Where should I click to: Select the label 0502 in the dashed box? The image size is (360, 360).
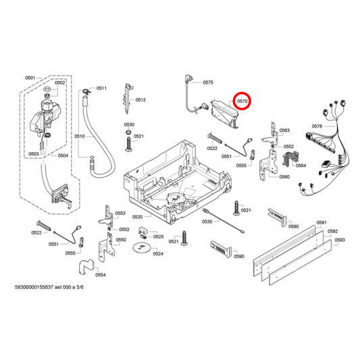[x=59, y=83]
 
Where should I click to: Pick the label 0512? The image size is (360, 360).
[x=140, y=100]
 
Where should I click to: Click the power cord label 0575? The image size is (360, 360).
[x=207, y=82]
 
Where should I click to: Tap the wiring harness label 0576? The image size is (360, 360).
[x=317, y=126]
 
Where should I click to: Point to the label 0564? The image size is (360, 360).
[x=301, y=165]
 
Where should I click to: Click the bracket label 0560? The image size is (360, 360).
[x=284, y=177]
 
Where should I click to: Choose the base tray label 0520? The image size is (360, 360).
[x=137, y=217]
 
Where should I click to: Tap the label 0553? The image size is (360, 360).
[x=120, y=213]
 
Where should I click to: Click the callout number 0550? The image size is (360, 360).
[x=121, y=240]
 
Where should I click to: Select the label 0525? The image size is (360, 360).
[x=158, y=236]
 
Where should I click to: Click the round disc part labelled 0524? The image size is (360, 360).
[x=141, y=249]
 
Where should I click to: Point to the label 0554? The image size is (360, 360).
[x=100, y=275]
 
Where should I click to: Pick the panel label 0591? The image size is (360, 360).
[x=322, y=222]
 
